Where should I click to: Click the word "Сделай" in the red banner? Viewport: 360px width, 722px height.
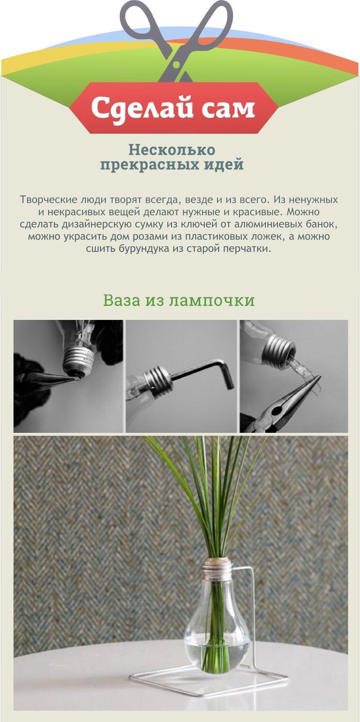(x=142, y=109)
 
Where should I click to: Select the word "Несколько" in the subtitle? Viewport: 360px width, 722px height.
(x=172, y=150)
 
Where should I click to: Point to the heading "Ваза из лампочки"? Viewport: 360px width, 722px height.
(x=179, y=301)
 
